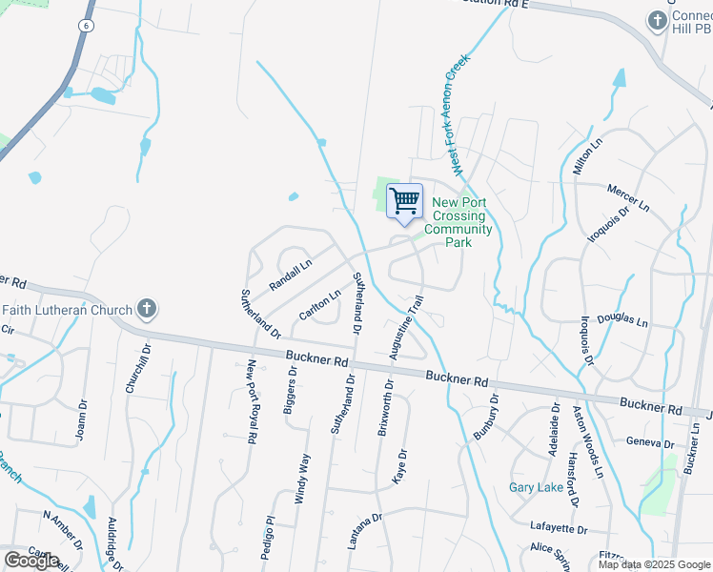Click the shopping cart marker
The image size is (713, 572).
click(405, 201)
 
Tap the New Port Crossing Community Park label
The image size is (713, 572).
click(458, 222)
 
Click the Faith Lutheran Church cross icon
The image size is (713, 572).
click(146, 309)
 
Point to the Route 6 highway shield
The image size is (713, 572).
click(87, 26)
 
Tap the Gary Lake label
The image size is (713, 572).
click(536, 487)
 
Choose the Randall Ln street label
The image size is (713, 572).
click(291, 276)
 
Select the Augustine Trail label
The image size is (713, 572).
click(406, 327)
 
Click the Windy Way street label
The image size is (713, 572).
click(302, 479)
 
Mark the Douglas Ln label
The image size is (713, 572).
click(622, 321)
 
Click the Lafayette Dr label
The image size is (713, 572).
click(560, 527)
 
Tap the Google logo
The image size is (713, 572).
click(31, 560)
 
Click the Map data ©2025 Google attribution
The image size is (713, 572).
click(653, 564)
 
